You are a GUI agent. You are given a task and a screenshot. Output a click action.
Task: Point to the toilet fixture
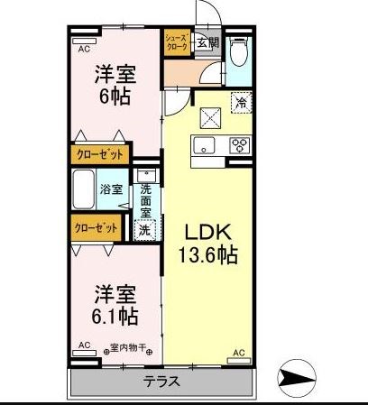(x=238, y=53)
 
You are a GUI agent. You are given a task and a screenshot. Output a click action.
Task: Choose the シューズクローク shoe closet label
(x=177, y=42)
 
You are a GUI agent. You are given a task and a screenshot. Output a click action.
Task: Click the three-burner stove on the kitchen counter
(x=240, y=144)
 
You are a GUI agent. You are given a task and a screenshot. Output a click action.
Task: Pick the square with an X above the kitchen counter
(x=210, y=115)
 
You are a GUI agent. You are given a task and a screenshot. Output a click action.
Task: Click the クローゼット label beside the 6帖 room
(x=96, y=155)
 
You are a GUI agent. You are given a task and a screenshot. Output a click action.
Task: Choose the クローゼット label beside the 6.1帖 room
(x=94, y=229)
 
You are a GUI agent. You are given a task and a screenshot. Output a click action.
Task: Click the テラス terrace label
(x=161, y=382)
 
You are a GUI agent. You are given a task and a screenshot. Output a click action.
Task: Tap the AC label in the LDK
(x=239, y=352)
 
